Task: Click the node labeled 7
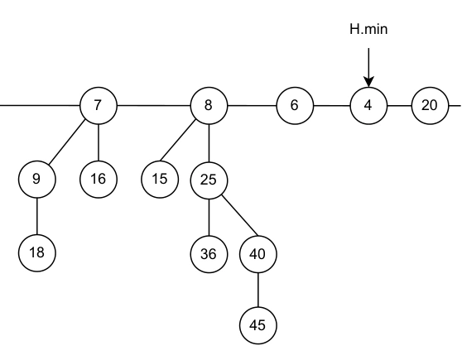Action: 99,105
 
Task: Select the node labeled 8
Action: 209,105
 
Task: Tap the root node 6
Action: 295,105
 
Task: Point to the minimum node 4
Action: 368,105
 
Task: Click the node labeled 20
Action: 430,105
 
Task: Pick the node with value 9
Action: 36,179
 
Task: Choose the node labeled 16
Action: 99,179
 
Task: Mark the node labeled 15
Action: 160,179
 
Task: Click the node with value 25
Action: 209,180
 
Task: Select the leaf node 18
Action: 36,252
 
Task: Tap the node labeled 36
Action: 209,254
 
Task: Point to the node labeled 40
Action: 258,254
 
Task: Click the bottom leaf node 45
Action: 258,325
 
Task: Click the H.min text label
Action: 368,29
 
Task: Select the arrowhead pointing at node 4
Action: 368,82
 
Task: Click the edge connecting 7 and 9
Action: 67,142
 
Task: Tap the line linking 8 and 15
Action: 178,141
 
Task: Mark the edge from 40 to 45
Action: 258,290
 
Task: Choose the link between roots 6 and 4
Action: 332,105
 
